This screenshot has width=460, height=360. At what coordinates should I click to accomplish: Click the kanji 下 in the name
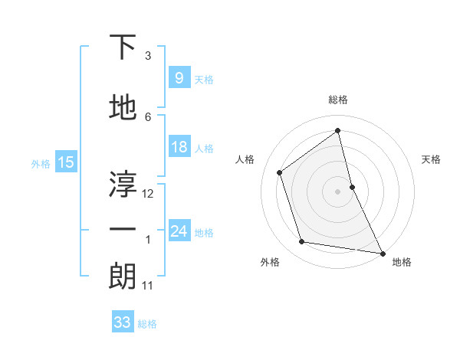[123, 47]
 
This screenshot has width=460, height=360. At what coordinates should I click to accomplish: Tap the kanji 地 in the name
[123, 108]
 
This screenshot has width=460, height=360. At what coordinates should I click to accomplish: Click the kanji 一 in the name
[123, 230]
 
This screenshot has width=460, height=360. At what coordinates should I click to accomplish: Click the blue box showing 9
[179, 77]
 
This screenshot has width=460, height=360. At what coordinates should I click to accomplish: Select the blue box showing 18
[179, 147]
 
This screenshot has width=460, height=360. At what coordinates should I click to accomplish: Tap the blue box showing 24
[179, 231]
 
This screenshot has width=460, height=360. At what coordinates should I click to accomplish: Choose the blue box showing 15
[65, 162]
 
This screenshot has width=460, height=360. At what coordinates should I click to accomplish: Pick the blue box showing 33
[122, 322]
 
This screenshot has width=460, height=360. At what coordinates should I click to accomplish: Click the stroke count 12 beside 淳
[148, 194]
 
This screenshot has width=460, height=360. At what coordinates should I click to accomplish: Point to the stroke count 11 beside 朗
[148, 286]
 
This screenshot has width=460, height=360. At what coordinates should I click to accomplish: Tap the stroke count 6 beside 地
[148, 116]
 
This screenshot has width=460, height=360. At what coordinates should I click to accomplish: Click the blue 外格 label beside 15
[40, 162]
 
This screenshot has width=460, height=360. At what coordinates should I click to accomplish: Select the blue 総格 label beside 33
[147, 324]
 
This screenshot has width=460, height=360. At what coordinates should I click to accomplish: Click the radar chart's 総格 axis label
[337, 100]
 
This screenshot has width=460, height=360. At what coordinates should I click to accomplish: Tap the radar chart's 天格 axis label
[431, 159]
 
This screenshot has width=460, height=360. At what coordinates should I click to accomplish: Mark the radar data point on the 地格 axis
[382, 252]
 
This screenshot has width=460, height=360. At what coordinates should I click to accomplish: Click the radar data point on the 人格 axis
[280, 172]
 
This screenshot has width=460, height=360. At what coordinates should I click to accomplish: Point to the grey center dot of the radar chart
[337, 191]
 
